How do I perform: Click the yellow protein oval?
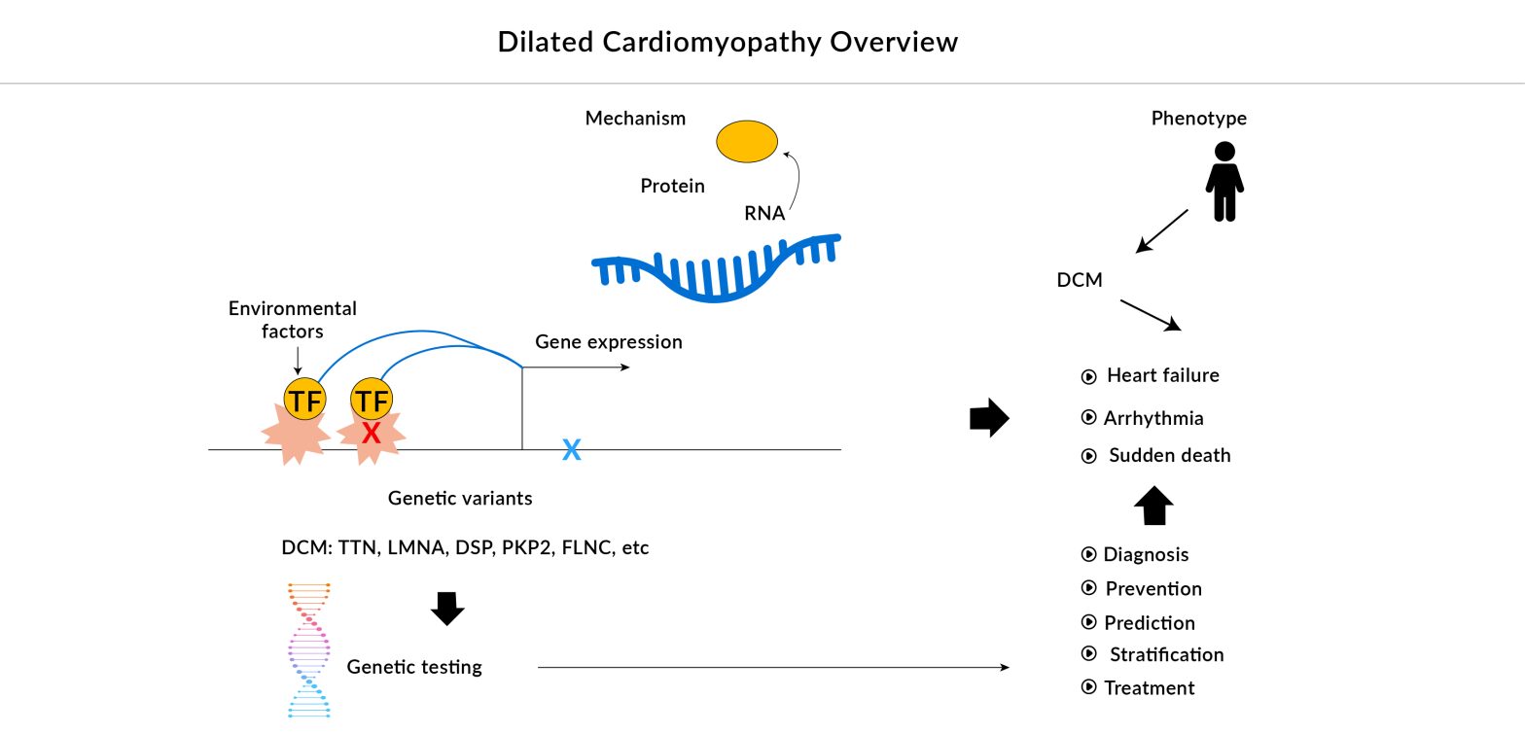[x=747, y=142]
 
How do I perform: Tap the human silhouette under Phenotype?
[x=1224, y=182]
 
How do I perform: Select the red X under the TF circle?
[x=371, y=434]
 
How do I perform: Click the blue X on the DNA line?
[x=572, y=449]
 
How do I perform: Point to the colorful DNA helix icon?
[x=309, y=649]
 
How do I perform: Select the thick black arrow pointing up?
[x=1153, y=506]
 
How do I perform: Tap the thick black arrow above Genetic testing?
[x=447, y=608]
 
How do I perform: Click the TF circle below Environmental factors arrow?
[x=304, y=400]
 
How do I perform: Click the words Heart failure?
[x=1162, y=375]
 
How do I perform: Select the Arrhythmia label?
[x=1153, y=418]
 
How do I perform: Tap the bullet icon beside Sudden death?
[x=1089, y=456]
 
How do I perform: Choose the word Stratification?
[x=1166, y=654]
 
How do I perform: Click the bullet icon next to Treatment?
[x=1089, y=687]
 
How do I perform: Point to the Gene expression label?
[x=609, y=342]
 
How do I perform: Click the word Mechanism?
[x=635, y=119]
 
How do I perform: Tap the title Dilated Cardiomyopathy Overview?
[x=727, y=42]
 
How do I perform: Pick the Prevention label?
[x=1153, y=588]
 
